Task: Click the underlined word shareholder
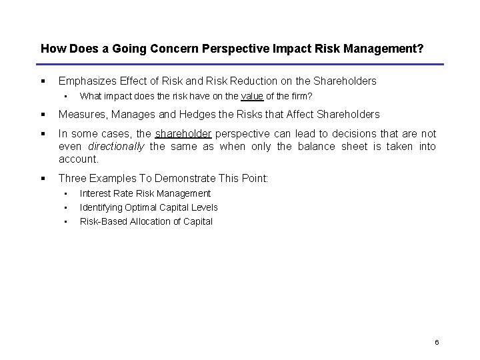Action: (183, 134)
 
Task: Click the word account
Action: (78, 159)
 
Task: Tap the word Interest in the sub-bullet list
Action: (95, 193)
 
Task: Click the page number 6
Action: (436, 342)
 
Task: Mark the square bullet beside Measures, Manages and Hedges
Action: (43, 114)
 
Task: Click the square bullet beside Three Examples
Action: (43, 178)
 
